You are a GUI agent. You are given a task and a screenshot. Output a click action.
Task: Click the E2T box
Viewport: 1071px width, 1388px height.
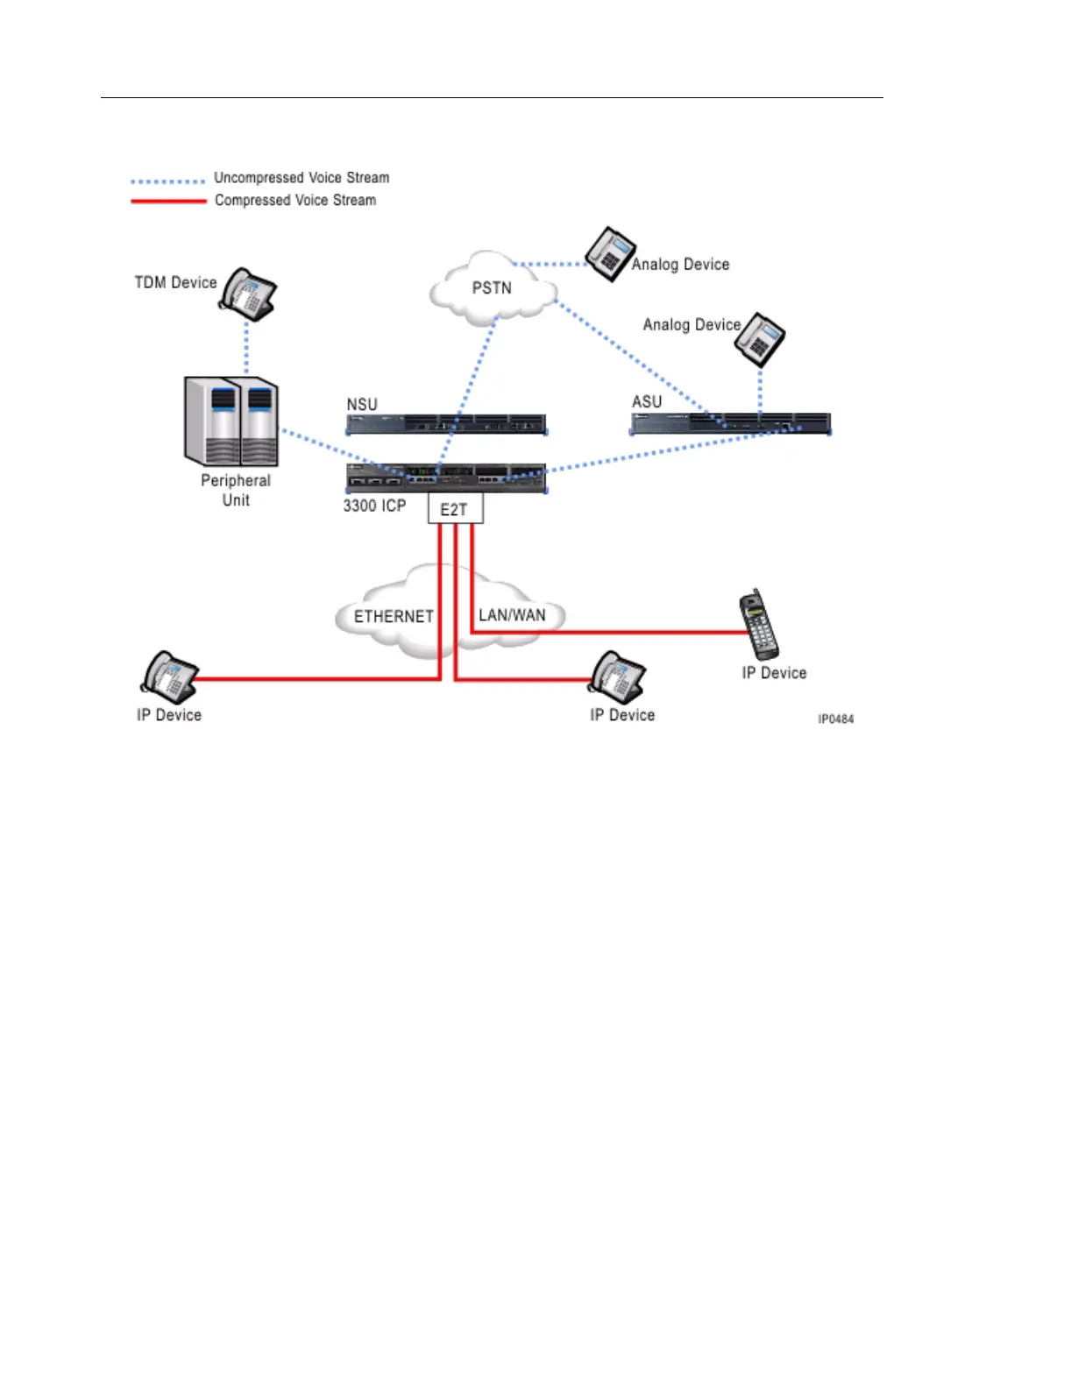point(455,510)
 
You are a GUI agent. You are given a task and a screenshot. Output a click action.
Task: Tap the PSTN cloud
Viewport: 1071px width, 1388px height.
point(492,288)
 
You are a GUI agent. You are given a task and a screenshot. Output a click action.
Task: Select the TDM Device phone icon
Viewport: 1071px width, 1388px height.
point(249,294)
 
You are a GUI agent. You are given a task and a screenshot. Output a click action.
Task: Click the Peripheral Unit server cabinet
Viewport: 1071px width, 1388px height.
point(231,421)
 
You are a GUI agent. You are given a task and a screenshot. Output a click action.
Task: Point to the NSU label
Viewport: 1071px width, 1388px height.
point(362,404)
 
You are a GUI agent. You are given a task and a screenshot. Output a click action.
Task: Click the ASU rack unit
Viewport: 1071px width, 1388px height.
point(730,424)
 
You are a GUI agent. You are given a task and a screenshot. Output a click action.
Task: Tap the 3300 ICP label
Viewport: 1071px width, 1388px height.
point(374,506)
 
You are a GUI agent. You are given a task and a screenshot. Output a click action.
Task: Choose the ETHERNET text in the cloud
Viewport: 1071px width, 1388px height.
point(394,617)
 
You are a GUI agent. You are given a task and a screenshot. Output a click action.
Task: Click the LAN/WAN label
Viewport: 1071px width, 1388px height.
point(512,615)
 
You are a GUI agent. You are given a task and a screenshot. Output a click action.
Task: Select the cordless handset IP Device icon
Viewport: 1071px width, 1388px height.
point(758,625)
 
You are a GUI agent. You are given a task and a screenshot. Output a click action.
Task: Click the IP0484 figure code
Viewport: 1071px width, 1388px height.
point(835,719)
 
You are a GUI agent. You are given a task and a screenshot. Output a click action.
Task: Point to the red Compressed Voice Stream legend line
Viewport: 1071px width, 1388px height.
point(168,202)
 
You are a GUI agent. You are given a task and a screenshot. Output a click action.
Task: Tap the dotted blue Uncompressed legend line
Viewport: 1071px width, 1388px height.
point(167,181)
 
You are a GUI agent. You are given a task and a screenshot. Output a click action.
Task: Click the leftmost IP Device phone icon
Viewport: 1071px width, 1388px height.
point(168,676)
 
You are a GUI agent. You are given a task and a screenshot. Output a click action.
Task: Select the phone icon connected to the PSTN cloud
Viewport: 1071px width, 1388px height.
point(610,254)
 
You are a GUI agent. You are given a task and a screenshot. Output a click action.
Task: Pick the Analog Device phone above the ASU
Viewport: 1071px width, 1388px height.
point(760,340)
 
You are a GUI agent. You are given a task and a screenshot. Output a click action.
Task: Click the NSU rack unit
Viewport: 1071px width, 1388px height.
point(446,425)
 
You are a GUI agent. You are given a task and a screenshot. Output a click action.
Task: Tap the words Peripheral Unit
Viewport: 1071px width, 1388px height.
point(236,490)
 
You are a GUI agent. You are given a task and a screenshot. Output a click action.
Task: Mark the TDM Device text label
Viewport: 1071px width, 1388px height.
point(175,282)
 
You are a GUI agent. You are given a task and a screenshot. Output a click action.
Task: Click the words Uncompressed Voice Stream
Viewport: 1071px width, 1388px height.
point(301,178)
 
